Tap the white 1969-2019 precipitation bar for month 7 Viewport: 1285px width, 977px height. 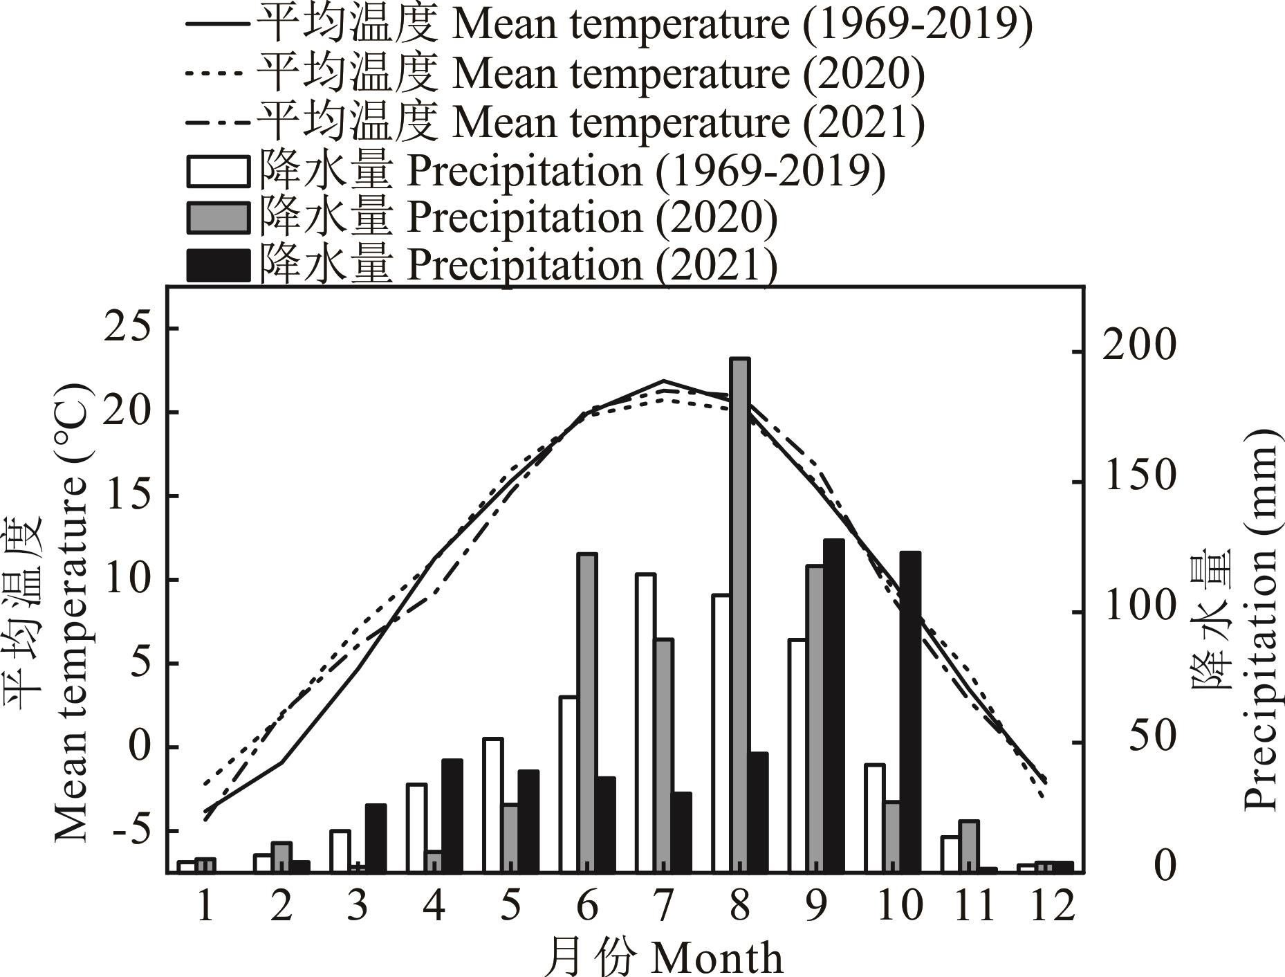(x=645, y=722)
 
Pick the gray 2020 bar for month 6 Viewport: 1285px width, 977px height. (x=586, y=712)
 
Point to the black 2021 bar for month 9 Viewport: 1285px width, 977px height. (x=833, y=705)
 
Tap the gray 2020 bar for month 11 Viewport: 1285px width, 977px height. (x=969, y=846)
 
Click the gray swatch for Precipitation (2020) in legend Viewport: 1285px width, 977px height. (x=218, y=218)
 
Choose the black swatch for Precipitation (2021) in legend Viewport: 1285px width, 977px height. (x=218, y=266)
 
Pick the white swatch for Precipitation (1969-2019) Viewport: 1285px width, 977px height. (x=218, y=171)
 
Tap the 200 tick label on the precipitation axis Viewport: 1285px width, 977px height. (x=1138, y=346)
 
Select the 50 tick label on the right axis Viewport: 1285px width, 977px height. (x=1152, y=737)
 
